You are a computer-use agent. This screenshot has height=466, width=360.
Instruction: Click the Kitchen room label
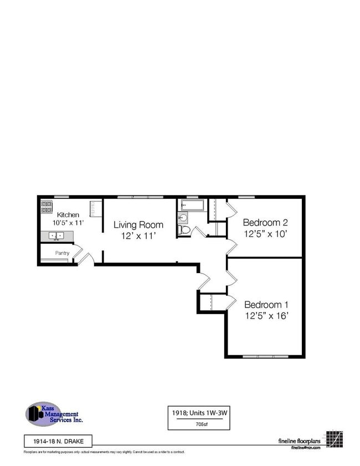pyautogui.click(x=68, y=214)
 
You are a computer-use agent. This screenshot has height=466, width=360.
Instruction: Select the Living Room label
pyautogui.click(x=138, y=225)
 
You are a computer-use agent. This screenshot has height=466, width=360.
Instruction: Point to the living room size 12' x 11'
pyautogui.click(x=138, y=235)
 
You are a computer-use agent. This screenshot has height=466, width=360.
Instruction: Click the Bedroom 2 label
pyautogui.click(x=265, y=223)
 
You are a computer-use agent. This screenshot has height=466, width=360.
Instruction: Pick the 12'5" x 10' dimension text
pyautogui.click(x=265, y=233)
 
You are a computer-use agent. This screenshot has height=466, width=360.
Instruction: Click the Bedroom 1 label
pyautogui.click(x=266, y=305)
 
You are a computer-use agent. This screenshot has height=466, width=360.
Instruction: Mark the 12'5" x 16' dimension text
pyautogui.click(x=266, y=316)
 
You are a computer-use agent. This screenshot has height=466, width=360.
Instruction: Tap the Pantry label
pyautogui.click(x=62, y=253)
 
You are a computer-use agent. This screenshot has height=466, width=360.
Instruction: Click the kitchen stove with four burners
pyautogui.click(x=47, y=207)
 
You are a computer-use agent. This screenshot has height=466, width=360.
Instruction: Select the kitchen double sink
pyautogui.click(x=55, y=236)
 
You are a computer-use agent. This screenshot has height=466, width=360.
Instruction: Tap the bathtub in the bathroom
pyautogui.click(x=192, y=206)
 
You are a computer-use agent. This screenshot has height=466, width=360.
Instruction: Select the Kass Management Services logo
pyautogui.click(x=54, y=414)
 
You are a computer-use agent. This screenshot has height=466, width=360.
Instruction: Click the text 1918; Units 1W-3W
pyautogui.click(x=200, y=413)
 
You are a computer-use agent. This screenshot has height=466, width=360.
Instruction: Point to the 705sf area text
pyautogui.click(x=200, y=424)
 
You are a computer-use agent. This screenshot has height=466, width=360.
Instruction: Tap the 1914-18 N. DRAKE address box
pyautogui.click(x=58, y=441)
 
